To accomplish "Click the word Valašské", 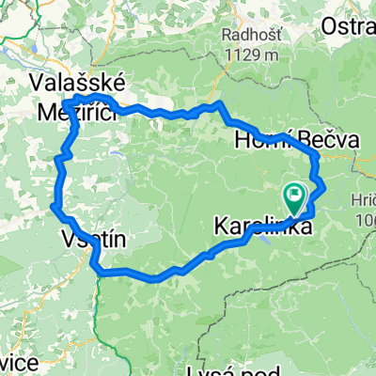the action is pos(71,82).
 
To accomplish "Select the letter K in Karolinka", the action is pos(221,227).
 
